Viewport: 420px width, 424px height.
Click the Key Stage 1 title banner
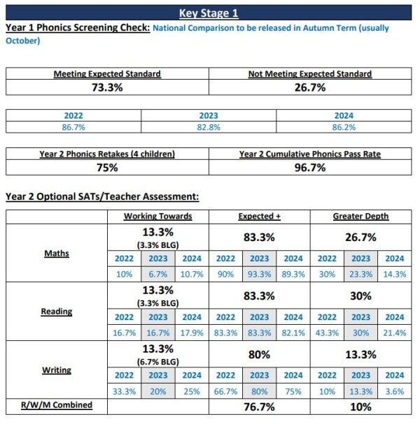pos(209,13)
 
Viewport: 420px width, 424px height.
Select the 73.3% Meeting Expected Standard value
pos(107,87)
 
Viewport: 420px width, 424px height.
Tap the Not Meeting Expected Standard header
pos(309,73)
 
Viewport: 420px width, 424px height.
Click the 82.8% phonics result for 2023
pos(210,127)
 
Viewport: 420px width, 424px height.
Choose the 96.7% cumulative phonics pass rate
pos(309,168)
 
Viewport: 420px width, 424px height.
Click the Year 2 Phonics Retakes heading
pos(107,154)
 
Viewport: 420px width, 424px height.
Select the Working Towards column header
pos(157,216)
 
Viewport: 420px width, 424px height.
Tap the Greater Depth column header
pos(360,216)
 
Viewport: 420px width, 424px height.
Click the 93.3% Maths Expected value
pos(259,274)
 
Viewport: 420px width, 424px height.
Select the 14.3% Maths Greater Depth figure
pos(394,274)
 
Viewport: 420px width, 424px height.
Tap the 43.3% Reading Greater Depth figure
pos(327,332)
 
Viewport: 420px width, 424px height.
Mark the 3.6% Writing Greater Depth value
pos(394,391)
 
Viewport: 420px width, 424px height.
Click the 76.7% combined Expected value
pos(259,406)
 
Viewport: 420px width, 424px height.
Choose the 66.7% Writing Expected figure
pos(225,391)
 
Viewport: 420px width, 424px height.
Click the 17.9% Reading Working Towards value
pos(192,332)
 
